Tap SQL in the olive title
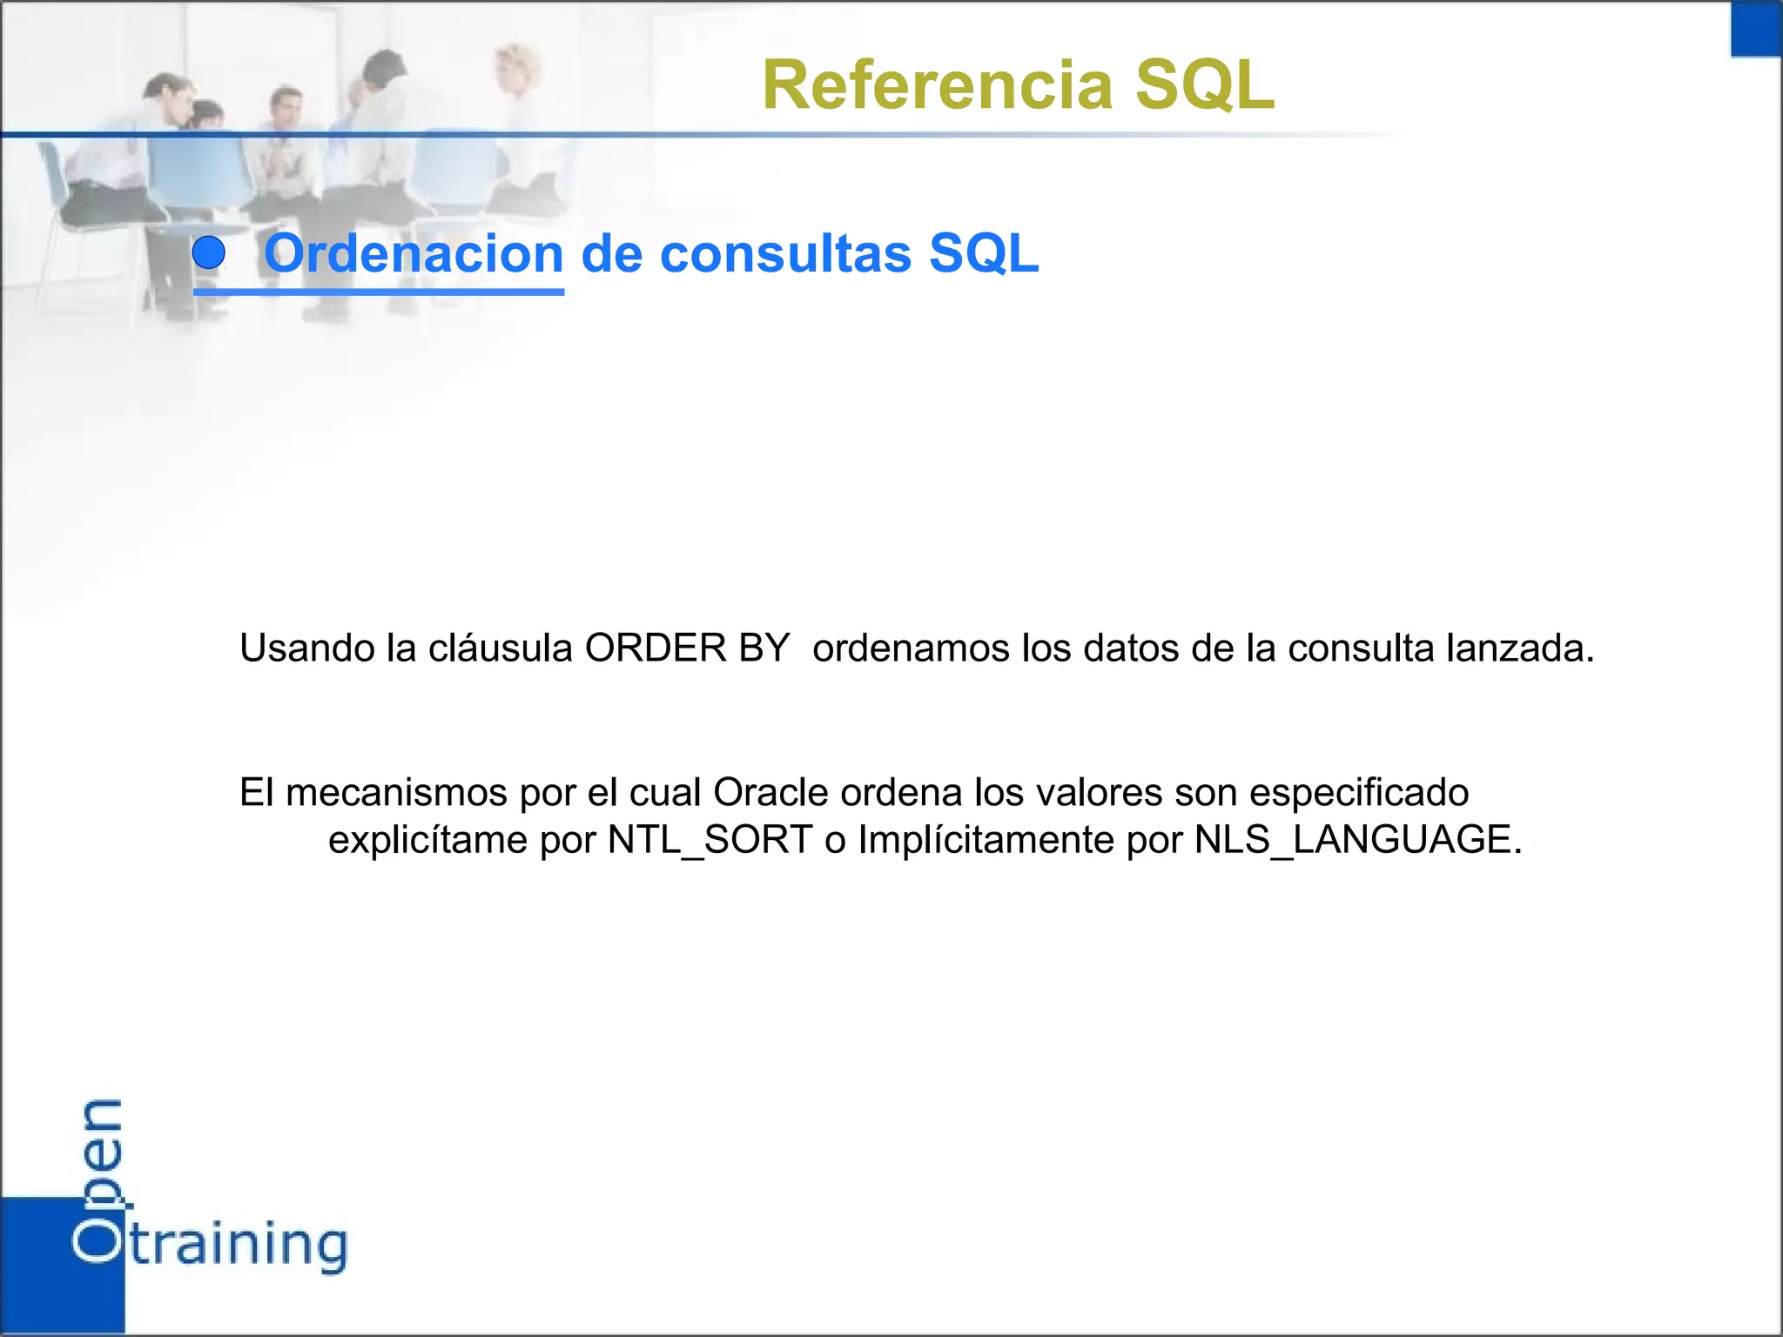pyautogui.click(x=1205, y=85)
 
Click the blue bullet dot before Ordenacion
pyautogui.click(x=209, y=253)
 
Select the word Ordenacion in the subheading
pyautogui.click(x=414, y=254)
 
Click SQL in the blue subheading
pyautogui.click(x=984, y=254)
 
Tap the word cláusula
pyautogui.click(x=500, y=648)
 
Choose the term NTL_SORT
pyautogui.click(x=710, y=840)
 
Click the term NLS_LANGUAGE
pyautogui.click(x=1358, y=840)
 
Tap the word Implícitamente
pyautogui.click(x=986, y=840)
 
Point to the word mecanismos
pyautogui.click(x=396, y=793)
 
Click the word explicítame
pyautogui.click(x=427, y=840)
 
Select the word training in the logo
pyautogui.click(x=239, y=1245)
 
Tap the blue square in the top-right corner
pyautogui.click(x=1756, y=29)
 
